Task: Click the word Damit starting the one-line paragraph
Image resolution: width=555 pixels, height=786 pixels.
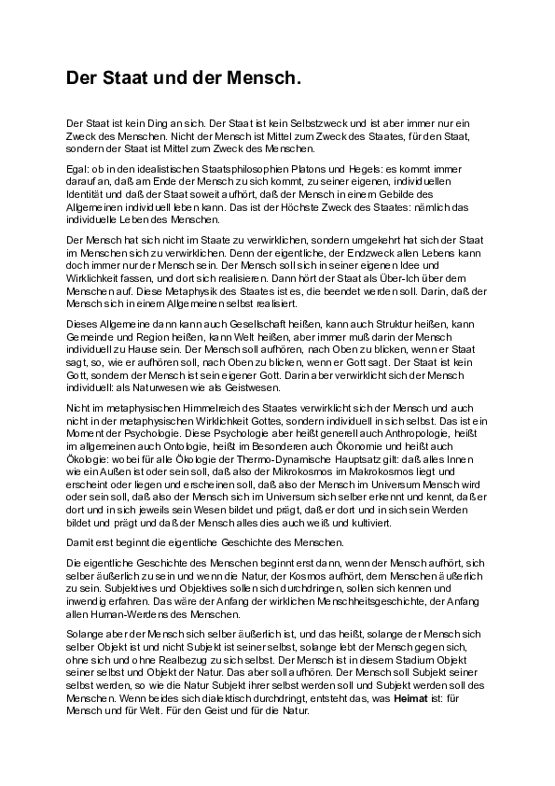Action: tap(80, 542)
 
